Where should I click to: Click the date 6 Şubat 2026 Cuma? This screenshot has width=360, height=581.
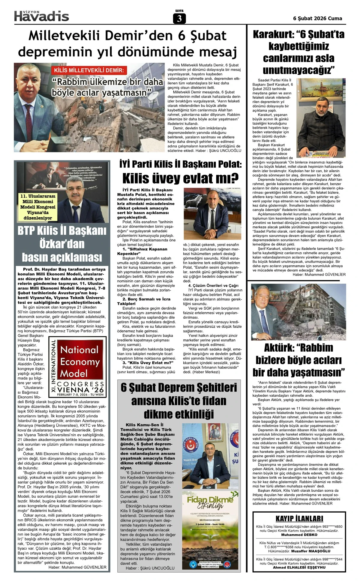(317, 18)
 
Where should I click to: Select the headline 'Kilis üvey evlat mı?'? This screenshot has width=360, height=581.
(180, 178)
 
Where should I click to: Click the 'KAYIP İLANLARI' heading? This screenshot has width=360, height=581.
(299, 518)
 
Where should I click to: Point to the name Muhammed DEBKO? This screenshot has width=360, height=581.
(299, 535)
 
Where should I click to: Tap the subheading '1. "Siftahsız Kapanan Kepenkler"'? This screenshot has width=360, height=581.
(142, 251)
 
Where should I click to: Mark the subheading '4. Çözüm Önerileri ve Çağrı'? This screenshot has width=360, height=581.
(211, 285)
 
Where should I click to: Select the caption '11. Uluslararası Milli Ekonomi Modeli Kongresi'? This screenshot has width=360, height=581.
(38, 207)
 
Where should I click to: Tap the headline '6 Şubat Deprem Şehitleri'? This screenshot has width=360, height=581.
(179, 387)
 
